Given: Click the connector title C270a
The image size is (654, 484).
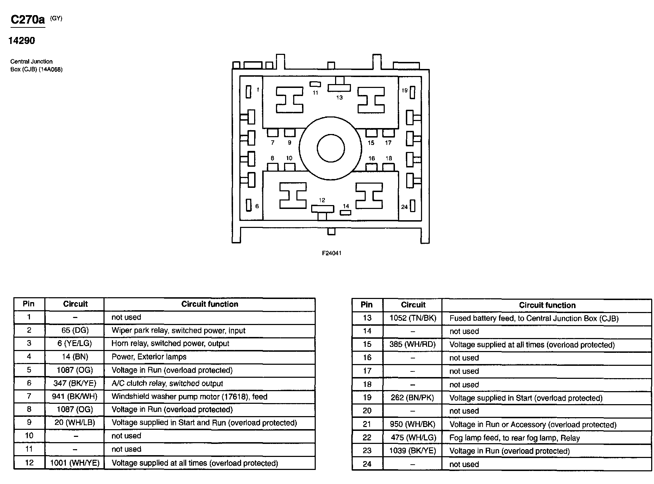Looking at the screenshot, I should tap(28, 20).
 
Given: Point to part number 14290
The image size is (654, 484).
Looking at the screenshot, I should tap(22, 41).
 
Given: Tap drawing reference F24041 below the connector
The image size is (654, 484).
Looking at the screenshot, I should tap(331, 253).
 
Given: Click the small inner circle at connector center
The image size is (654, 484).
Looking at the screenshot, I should tap(331, 148).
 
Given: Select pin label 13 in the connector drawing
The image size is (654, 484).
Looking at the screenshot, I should tap(339, 97).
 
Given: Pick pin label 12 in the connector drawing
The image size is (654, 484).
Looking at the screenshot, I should tap(322, 200).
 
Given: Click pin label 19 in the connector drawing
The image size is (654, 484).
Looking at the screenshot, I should tap(404, 90).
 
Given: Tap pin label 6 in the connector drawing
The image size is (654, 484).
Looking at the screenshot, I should tap(257, 206).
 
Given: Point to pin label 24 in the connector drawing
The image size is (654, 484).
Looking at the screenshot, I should tap(404, 207).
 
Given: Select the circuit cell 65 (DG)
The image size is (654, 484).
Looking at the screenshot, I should tap(75, 330).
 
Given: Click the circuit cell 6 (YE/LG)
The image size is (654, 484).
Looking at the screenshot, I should tap(75, 344).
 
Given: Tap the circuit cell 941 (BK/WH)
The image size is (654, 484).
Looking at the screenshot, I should tap(75, 396).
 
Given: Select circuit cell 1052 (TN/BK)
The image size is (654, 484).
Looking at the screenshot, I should tap(413, 318).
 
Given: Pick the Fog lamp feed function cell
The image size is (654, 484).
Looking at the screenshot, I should tap(546, 438).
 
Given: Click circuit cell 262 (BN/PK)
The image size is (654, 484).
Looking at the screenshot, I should tap(413, 398).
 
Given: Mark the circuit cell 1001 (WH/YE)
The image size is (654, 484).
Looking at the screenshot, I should tap(75, 463).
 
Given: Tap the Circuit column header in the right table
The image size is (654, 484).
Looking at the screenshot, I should tap(413, 305).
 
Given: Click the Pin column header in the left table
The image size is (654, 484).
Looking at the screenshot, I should tap(29, 304).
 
